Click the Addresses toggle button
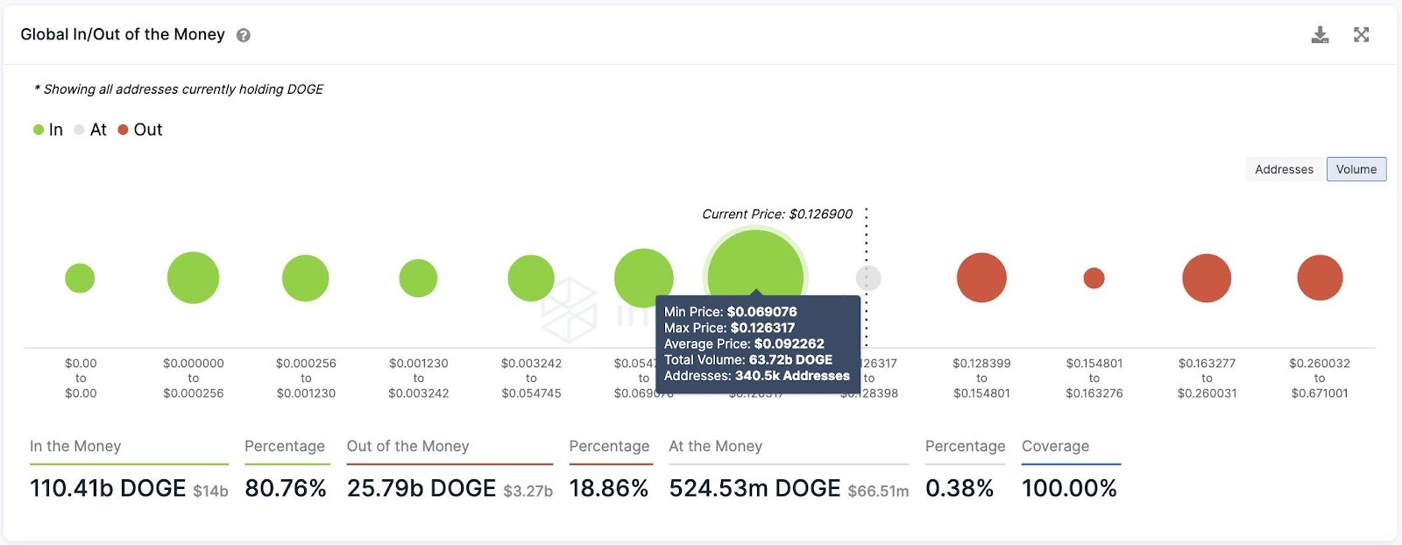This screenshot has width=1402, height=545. click(x=1284, y=169)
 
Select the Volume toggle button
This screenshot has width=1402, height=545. click(x=1356, y=169)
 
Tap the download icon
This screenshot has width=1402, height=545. click(x=1320, y=35)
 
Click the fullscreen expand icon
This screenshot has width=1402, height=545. click(x=1361, y=35)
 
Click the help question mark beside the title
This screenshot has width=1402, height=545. click(x=244, y=36)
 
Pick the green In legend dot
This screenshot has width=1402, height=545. click(x=39, y=130)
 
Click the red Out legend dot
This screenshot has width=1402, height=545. click(x=124, y=130)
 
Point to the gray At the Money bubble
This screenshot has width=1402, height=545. click(x=867, y=279)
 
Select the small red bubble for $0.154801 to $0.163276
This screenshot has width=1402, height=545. click(x=1094, y=279)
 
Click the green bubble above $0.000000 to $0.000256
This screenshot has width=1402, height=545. click(x=193, y=278)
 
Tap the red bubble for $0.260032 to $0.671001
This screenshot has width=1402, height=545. click(x=1320, y=278)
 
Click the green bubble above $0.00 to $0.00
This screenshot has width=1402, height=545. click(x=80, y=279)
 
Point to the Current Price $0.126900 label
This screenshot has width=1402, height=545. click(x=776, y=215)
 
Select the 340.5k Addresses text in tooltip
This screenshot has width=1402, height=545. click(x=792, y=376)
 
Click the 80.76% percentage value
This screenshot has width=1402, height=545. click(x=286, y=489)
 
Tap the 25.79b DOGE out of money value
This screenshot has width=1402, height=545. click(x=421, y=489)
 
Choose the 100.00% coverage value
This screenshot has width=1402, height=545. click(x=1069, y=489)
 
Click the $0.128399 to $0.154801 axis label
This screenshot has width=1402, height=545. click(x=981, y=379)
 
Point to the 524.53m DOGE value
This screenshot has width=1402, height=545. click(x=754, y=489)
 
